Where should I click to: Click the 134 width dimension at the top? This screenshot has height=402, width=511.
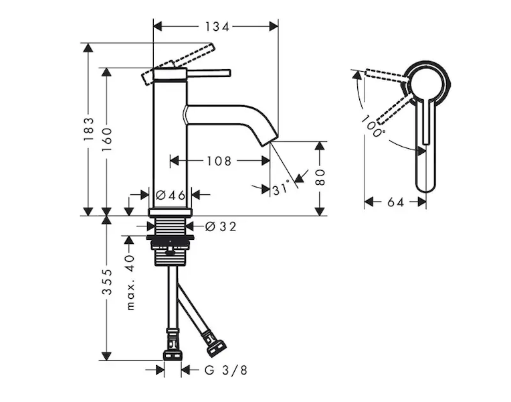click(217, 27)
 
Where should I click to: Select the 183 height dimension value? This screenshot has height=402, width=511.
click(88, 129)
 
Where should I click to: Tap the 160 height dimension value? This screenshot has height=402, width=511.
click(106, 139)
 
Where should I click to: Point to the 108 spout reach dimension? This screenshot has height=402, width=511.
click(219, 161)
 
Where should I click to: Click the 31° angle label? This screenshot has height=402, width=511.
click(281, 188)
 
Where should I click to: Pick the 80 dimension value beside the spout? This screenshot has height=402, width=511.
click(320, 178)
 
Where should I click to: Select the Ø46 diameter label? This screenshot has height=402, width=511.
click(171, 195)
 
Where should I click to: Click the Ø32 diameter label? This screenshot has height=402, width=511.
click(221, 226)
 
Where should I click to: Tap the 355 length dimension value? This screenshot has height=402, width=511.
click(107, 281)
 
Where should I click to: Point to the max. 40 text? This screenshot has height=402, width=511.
click(130, 282)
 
